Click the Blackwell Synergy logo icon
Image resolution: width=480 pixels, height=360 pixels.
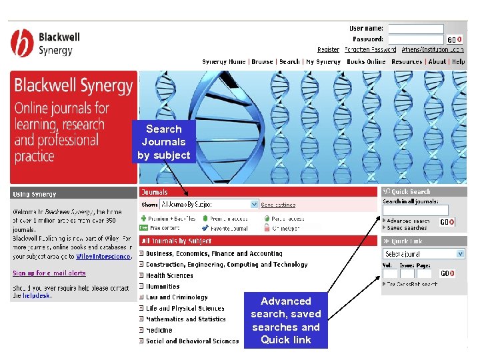coord(22,43)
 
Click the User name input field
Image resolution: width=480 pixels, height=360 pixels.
coord(415,29)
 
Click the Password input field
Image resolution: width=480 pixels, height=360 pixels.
coord(415,39)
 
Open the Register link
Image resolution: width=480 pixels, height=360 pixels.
coord(328,49)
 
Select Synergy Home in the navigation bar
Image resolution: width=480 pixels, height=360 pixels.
coord(224,62)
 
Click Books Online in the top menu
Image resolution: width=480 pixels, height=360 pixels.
coord(366,62)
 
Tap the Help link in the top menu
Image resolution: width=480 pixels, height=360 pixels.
coord(458,62)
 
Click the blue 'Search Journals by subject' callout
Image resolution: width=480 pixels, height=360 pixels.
coord(163,142)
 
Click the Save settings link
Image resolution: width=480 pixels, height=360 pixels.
coord(278,205)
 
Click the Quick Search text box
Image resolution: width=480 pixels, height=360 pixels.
coord(415,210)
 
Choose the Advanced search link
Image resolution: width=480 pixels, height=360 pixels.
coord(408,221)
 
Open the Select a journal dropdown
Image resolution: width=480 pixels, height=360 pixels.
coord(424,254)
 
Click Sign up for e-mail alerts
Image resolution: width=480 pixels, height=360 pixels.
coord(49,273)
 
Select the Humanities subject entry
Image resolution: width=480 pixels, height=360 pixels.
coord(163,287)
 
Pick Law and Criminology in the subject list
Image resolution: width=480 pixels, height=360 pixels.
coord(177,297)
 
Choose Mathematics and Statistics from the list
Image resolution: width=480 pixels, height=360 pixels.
coord(186,319)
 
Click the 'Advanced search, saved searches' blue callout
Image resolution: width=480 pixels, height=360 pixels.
coord(285,321)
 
